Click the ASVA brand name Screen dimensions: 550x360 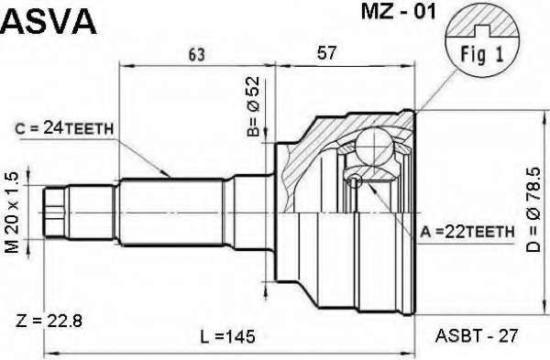point(48,21)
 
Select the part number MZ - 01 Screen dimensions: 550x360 point(398,12)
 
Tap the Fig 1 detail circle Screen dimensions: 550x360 point(482,40)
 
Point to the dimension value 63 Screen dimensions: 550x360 point(196,55)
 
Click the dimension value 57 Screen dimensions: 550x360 point(326,53)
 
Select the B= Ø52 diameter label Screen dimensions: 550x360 point(253,106)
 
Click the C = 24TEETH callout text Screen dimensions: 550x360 point(64,129)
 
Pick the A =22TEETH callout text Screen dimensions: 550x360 point(467,232)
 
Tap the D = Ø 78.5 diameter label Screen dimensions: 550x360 point(533,210)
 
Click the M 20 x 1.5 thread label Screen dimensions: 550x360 point(13,213)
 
